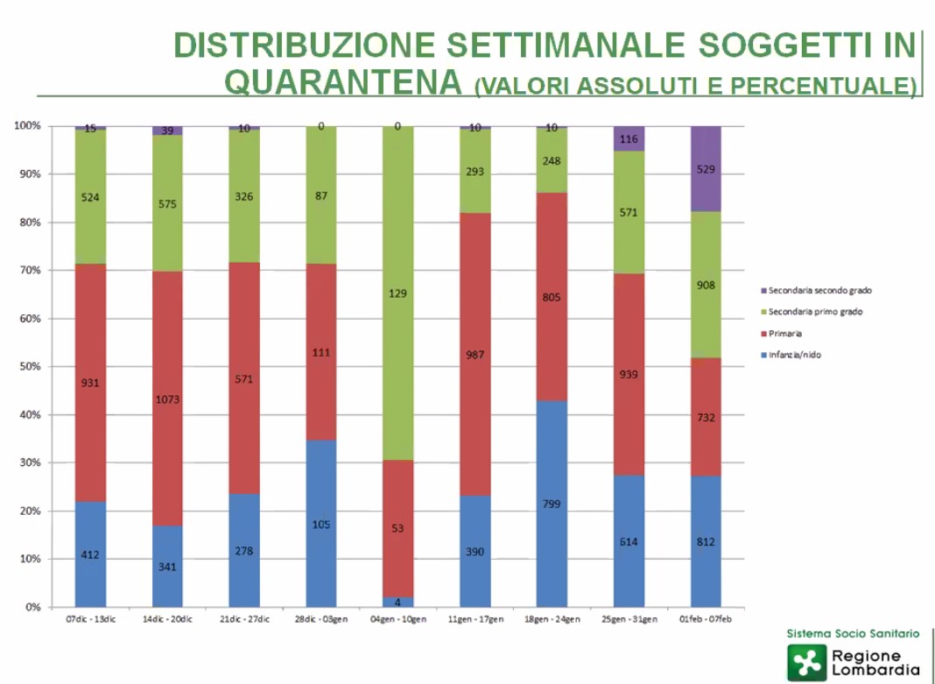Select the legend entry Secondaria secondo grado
(x=819, y=290)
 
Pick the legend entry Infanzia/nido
(x=796, y=355)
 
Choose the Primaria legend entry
(x=786, y=333)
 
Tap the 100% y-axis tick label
(x=27, y=126)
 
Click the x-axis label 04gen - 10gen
(x=397, y=619)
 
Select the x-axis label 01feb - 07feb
(x=706, y=619)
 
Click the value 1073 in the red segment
(x=167, y=399)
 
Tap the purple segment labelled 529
(x=706, y=169)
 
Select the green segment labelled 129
(x=397, y=293)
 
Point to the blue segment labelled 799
(x=552, y=504)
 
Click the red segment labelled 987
(x=475, y=355)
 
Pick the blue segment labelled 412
(x=90, y=554)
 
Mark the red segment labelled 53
(x=397, y=528)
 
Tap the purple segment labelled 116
(x=629, y=138)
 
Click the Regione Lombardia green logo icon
(x=805, y=662)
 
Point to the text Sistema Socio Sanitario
(x=853, y=632)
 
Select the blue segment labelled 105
(x=321, y=524)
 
